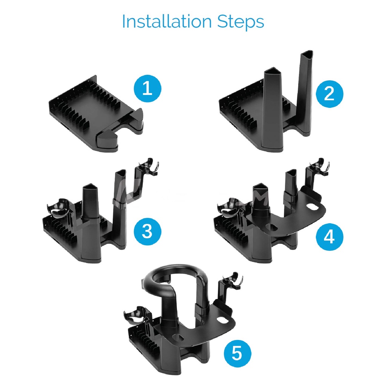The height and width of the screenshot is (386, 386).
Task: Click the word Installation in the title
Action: point(167,21)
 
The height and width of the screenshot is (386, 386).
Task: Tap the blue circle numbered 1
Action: point(147,89)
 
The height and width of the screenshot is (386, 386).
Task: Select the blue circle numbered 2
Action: point(329,93)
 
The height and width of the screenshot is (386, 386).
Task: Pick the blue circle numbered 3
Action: point(147,231)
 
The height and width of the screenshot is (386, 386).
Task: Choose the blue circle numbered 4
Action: point(329,237)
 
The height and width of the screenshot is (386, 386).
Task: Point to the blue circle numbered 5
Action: point(237,354)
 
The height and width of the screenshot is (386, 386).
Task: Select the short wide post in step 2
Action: point(273,108)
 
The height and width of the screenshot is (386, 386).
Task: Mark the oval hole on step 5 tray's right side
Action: point(222,320)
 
